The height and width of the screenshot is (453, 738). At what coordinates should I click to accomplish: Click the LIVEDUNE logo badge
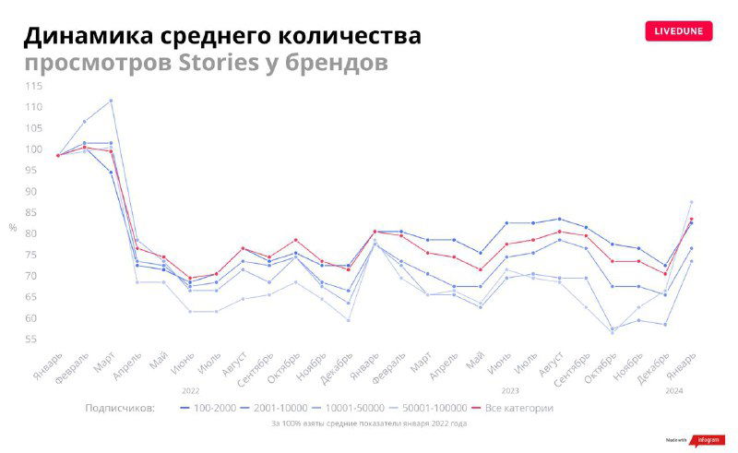tap(679, 30)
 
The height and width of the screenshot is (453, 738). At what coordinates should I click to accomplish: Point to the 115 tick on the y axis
tap(34, 86)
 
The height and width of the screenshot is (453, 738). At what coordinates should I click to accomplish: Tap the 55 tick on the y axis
tap(34, 340)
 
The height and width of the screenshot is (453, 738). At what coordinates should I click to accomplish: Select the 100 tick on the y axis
tap(34, 149)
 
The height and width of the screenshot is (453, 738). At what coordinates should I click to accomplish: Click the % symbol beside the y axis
tap(13, 227)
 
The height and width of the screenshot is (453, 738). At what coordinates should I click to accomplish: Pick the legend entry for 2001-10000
tap(274, 407)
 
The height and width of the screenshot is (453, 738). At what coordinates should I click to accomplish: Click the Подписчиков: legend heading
tap(120, 407)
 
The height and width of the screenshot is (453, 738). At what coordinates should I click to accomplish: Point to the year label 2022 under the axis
tap(191, 390)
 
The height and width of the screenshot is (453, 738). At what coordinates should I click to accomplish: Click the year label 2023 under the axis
tap(509, 390)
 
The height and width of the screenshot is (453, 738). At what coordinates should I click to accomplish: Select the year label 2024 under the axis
tap(674, 390)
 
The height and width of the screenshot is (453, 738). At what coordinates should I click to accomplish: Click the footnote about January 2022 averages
tap(368, 423)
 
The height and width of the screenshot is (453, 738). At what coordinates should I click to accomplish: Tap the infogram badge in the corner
tap(700, 441)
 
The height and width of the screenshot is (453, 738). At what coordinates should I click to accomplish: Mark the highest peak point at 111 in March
tap(111, 101)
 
